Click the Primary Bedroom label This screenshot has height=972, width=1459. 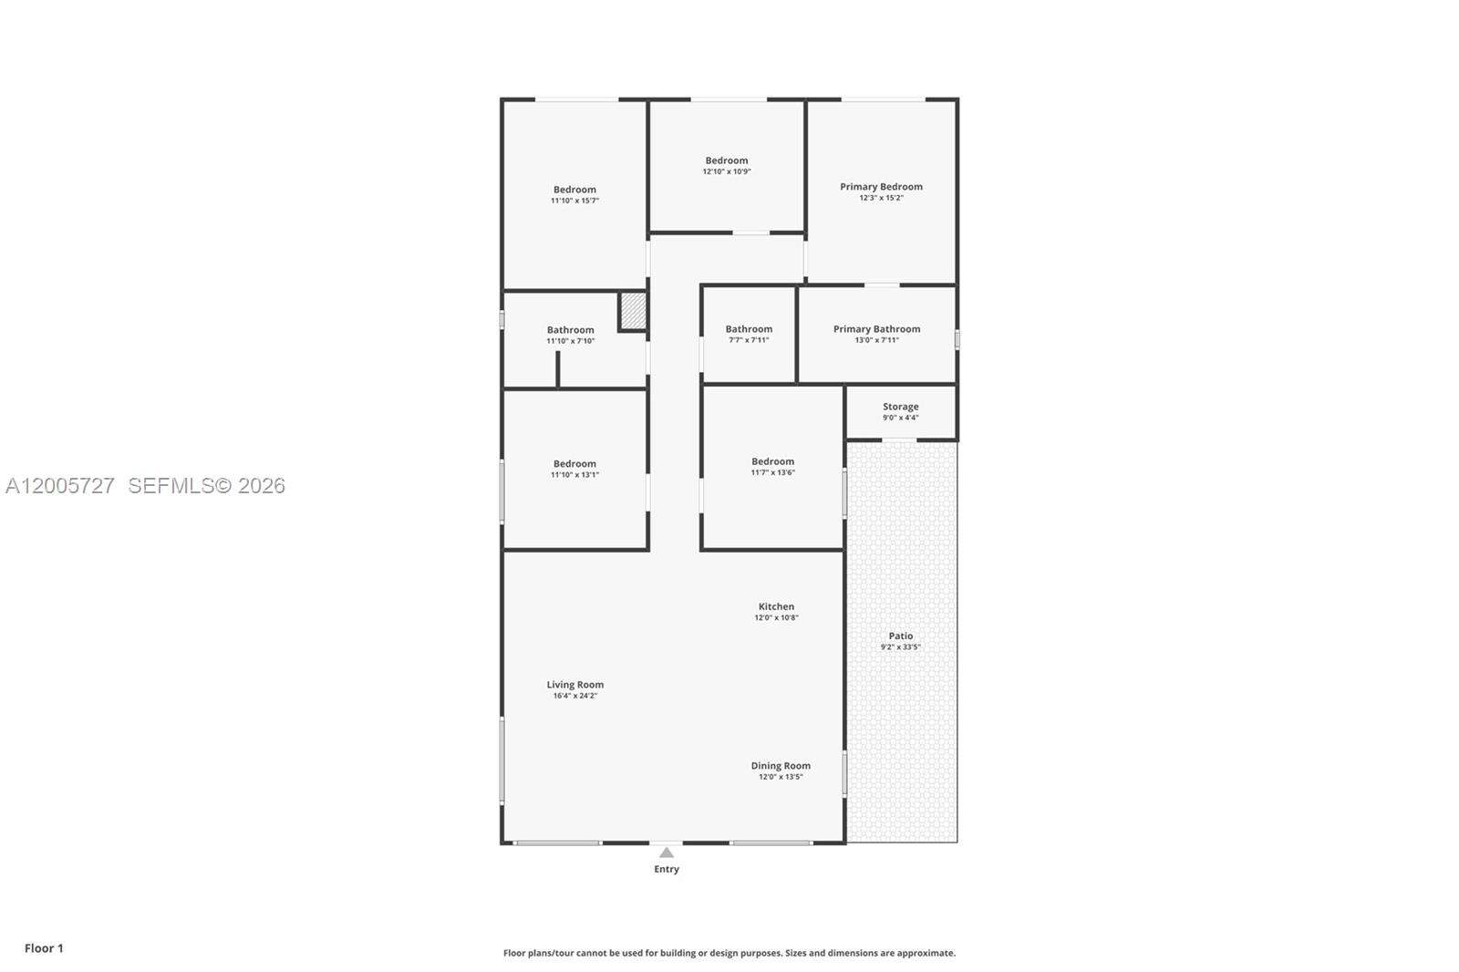881,187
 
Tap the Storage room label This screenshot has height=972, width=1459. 900,407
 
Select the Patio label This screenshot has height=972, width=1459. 900,636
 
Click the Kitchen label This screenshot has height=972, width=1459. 776,606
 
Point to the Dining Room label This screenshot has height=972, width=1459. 781,766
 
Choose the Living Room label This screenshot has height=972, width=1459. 574,685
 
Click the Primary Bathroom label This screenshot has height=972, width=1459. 876,329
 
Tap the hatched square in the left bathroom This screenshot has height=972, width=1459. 633,311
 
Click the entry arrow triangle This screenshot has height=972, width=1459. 667,853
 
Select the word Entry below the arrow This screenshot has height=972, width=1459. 667,869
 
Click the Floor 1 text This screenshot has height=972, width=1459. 44,948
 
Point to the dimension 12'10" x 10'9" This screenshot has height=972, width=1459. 727,171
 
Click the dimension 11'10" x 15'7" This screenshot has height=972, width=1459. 574,201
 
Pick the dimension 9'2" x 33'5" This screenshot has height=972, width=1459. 900,647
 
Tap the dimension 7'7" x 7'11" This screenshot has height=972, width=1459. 749,340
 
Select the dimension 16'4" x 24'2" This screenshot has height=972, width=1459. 574,696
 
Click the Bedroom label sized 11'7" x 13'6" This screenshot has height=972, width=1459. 772,461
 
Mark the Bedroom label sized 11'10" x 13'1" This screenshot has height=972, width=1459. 574,463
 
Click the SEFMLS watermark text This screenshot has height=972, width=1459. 206,486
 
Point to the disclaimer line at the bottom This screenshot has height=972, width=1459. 729,953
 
